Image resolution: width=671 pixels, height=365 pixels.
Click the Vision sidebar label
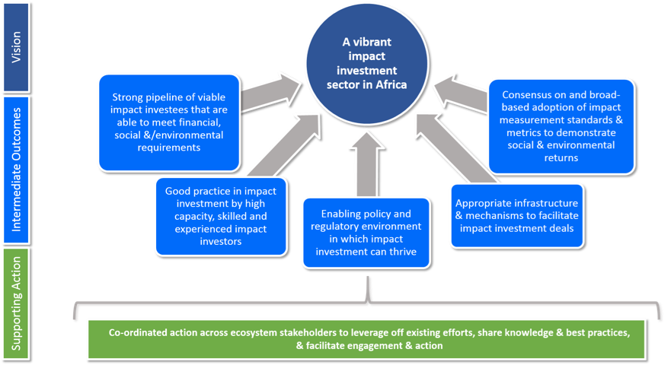coord(15,46)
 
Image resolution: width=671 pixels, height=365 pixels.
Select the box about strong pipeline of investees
coord(168,121)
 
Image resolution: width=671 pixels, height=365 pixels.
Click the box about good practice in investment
coord(220,216)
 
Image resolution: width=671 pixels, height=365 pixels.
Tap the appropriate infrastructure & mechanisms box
coord(516,216)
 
